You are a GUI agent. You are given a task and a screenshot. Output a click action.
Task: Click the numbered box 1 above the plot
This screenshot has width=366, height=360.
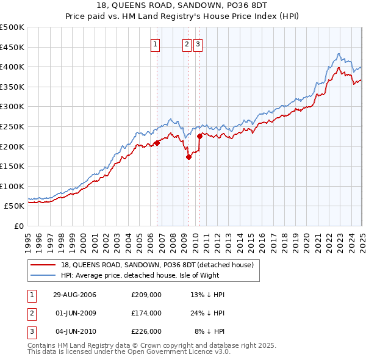(155, 43)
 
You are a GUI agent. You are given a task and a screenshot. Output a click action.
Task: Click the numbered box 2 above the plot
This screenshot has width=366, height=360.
(186, 43)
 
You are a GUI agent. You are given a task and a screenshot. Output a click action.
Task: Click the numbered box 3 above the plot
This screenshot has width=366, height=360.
(198, 43)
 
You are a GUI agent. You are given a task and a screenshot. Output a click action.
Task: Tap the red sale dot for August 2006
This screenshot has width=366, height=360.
(157, 143)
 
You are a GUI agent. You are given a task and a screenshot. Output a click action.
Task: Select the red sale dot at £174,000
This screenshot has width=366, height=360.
(188, 157)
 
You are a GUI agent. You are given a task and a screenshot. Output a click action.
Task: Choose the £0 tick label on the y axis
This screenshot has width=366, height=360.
(18, 226)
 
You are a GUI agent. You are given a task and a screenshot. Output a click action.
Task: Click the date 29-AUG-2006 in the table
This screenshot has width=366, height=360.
(74, 295)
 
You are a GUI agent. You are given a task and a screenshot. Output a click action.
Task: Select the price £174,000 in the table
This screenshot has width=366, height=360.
(146, 313)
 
